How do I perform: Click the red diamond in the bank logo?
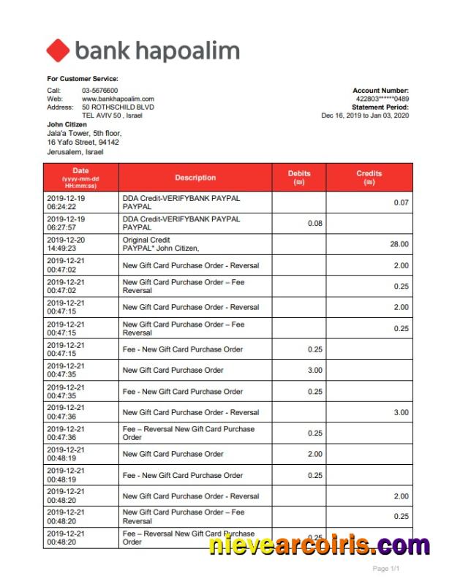[58, 50]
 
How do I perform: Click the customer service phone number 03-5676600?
[99, 91]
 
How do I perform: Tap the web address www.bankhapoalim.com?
[118, 99]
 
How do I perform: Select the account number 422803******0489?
[382, 99]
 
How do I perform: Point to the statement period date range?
[365, 115]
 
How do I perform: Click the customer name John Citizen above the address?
[67, 125]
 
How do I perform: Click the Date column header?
[80, 177]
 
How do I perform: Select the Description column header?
[195, 178]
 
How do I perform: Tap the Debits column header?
[299, 178]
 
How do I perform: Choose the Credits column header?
[369, 178]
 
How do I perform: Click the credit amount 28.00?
[399, 245]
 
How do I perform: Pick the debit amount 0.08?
[314, 224]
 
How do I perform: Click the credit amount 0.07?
[401, 202]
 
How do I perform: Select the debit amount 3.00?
[314, 371]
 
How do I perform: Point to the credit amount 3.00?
[401, 412]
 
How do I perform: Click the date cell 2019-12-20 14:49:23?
[66, 244]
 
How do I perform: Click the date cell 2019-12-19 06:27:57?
[66, 223]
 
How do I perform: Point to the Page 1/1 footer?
[386, 569]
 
